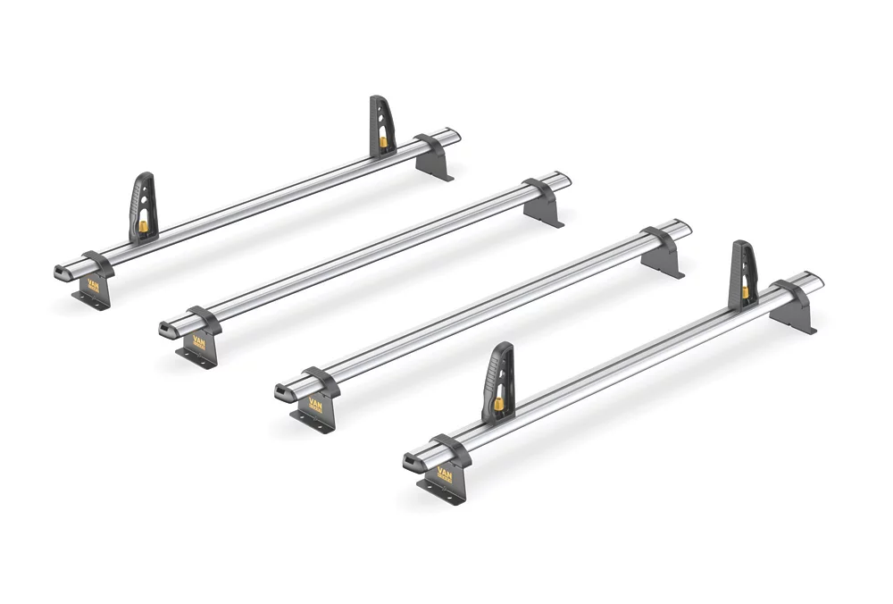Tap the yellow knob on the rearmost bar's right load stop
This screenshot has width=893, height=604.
(383, 141)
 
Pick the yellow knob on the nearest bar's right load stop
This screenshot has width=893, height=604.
(745, 292)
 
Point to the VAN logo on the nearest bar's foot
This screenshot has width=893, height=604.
(444, 473)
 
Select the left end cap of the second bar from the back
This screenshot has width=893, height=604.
(168, 331)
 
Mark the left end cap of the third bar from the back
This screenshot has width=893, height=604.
(283, 390)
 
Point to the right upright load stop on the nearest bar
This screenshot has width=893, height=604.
(743, 268)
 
